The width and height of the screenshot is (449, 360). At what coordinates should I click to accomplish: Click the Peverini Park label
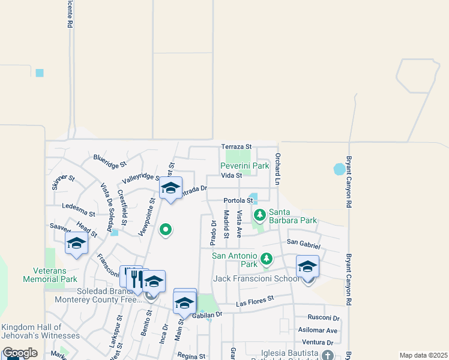click(244, 166)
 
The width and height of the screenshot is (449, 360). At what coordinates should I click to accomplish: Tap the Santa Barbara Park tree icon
click(260, 215)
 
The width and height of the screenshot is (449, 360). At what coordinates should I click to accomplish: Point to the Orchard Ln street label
click(278, 168)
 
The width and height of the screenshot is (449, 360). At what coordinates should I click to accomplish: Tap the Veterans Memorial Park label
click(50, 275)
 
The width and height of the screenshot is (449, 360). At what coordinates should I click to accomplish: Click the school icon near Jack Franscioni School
click(307, 266)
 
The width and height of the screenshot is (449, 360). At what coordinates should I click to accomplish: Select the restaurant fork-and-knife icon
click(134, 277)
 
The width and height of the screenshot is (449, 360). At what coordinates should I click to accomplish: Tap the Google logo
click(20, 353)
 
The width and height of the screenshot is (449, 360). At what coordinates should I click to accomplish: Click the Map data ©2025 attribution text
click(423, 355)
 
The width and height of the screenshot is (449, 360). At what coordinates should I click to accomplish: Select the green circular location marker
click(166, 229)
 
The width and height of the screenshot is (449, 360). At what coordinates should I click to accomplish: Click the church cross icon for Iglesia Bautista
click(327, 355)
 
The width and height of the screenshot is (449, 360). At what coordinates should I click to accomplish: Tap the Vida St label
click(231, 175)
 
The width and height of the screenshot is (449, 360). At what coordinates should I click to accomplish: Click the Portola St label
click(238, 200)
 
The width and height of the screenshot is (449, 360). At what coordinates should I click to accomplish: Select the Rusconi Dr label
click(324, 318)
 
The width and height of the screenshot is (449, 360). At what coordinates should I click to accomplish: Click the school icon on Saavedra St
click(77, 243)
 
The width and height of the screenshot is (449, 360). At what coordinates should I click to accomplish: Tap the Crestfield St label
click(122, 208)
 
